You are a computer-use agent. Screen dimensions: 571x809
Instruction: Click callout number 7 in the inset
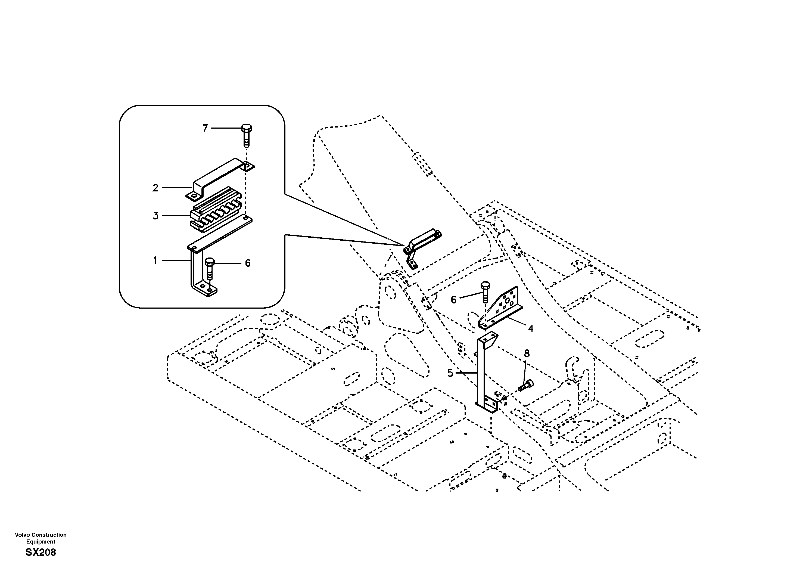coord(205,128)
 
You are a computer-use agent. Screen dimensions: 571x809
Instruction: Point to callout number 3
coord(155,216)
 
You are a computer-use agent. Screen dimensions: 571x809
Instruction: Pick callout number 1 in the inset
coord(155,261)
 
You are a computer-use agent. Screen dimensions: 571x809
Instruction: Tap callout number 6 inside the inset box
coord(248,263)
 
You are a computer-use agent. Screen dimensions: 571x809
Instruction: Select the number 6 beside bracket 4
coord(453,300)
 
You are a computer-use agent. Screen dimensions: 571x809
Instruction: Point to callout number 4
coord(530,328)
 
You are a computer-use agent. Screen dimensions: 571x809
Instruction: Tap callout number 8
coord(526,353)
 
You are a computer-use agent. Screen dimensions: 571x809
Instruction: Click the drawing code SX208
coord(41,552)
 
